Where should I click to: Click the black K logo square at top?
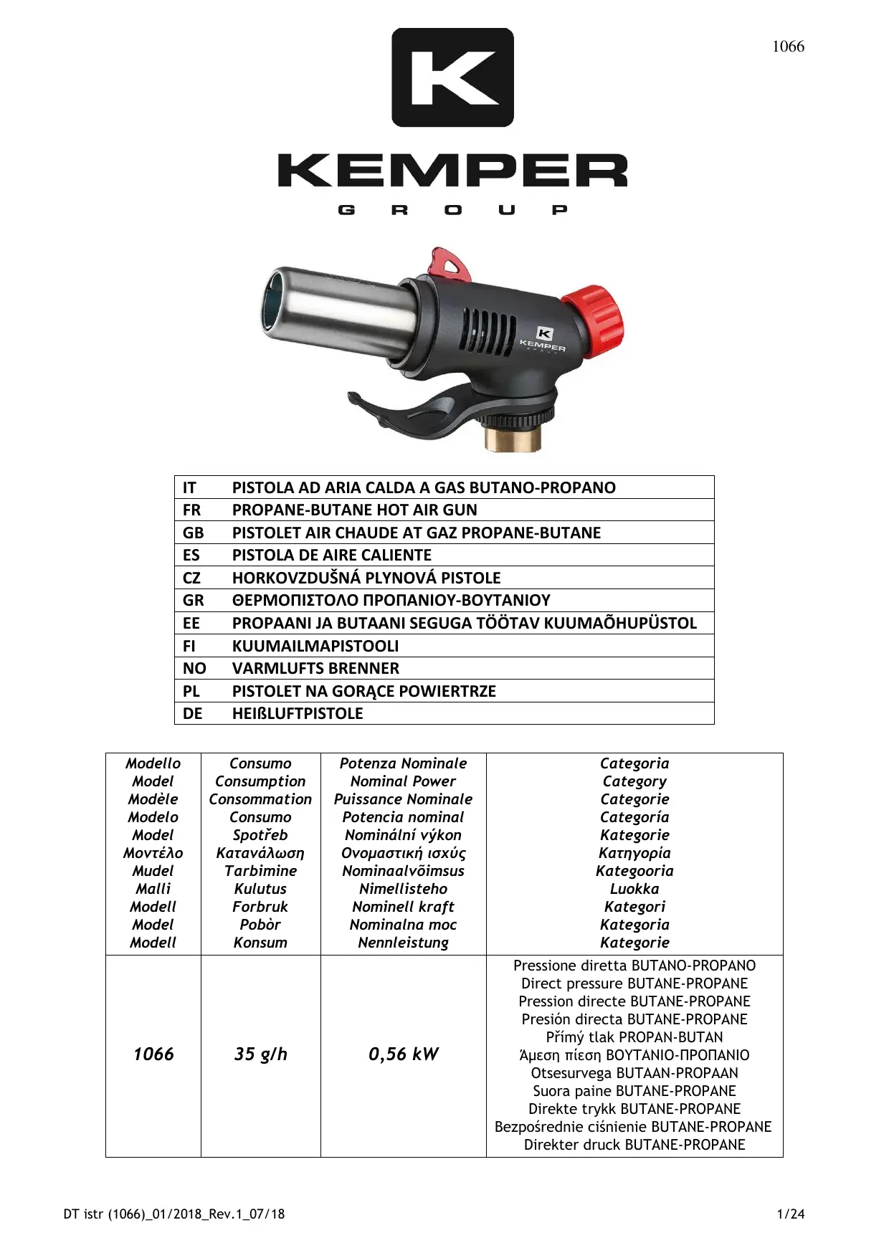pyautogui.click(x=452, y=77)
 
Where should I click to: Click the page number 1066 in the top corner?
pyautogui.click(x=787, y=47)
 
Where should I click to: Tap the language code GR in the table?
pyautogui.click(x=193, y=600)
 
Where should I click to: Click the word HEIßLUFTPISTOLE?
pyautogui.click(x=298, y=713)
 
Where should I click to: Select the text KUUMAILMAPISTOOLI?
pyautogui.click(x=315, y=646)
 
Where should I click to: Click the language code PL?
pyautogui.click(x=191, y=691)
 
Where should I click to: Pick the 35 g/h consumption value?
pyautogui.click(x=260, y=1054)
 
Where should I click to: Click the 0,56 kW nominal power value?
pyautogui.click(x=403, y=1054)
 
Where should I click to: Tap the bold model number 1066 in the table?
pyautogui.click(x=153, y=1054)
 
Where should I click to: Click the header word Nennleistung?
pyautogui.click(x=403, y=943)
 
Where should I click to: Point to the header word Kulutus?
pyautogui.click(x=260, y=889)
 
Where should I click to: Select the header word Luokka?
pyautogui.click(x=634, y=889)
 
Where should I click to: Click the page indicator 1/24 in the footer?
pyautogui.click(x=791, y=1214)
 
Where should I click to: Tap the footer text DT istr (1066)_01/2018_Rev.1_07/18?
pyautogui.click(x=174, y=1214)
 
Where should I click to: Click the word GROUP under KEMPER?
pyautogui.click(x=452, y=210)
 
